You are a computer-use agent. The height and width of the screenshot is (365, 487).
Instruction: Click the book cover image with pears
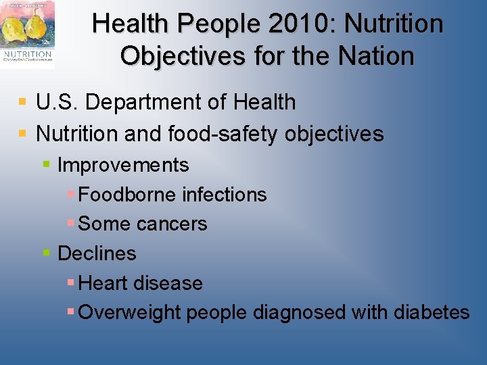[28, 34]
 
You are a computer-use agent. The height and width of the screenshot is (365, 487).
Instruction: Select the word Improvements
[123, 165]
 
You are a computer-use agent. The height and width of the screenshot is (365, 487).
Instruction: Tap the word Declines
[97, 253]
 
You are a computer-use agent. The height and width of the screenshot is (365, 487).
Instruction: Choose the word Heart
[102, 283]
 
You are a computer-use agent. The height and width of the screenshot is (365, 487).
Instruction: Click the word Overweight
[130, 312]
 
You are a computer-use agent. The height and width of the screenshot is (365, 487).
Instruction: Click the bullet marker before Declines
[47, 253]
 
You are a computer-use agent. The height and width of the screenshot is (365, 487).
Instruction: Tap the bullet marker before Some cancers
[71, 223]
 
